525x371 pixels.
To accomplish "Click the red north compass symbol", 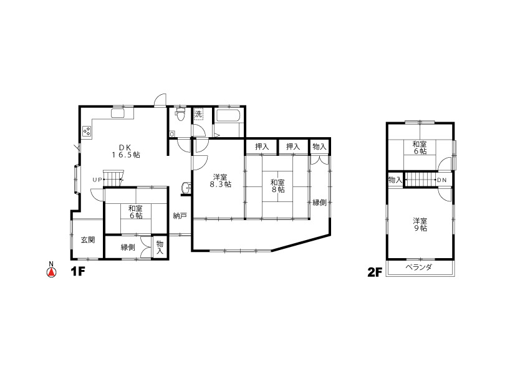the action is coord(51,272).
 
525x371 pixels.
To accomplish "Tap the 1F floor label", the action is coord(77,272).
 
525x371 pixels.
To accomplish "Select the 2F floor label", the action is coord(375,272).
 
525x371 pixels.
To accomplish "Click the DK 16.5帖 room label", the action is coord(125,151).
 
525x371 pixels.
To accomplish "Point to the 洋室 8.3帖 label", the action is coord(220,180).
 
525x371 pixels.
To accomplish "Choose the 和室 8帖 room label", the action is coord(277,186).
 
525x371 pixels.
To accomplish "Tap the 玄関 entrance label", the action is coord(88,239).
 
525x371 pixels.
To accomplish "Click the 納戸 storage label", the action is coord(180,216).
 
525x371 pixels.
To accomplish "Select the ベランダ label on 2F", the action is coord(419,267).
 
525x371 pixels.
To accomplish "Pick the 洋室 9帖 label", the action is coord(420,224).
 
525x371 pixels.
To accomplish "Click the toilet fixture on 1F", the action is coord(181,113).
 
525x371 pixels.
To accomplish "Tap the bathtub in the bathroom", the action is coord(228,117).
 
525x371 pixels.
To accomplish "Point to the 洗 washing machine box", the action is coord(198,114).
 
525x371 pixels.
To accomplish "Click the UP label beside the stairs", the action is coord(97,180).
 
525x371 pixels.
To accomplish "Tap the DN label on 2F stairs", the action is coord(442,180).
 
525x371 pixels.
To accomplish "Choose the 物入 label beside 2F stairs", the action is coord(395,180).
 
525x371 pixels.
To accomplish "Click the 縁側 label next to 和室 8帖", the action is coord(319,202).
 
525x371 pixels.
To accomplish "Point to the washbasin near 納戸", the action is coord(186,188).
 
